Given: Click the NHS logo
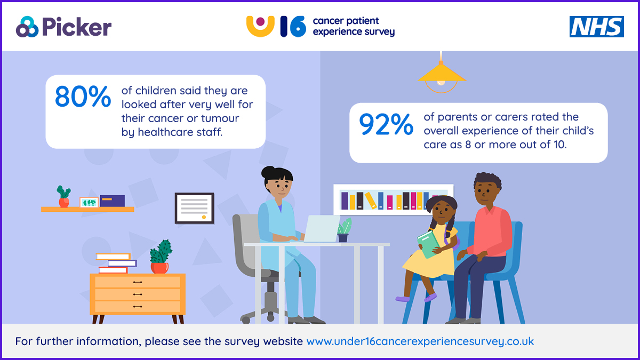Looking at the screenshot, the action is point(597,27).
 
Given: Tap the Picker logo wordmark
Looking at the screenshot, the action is point(77,27).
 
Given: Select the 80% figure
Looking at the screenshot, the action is point(83,97).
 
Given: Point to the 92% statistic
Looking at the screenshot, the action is point(386,124).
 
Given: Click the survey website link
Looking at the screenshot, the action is point(420,341).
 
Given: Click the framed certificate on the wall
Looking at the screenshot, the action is point(194,208).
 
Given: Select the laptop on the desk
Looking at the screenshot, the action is point(322,229).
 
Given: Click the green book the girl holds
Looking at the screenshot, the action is point(428,244).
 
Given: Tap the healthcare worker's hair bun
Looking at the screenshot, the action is point(268,172).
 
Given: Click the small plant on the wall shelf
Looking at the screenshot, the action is point(63,196).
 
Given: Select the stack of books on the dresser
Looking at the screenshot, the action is point(116,263).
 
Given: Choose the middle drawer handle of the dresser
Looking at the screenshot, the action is point(138,294).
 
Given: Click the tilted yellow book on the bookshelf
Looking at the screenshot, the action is point(371,201).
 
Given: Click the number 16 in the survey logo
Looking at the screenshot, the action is point(293,27).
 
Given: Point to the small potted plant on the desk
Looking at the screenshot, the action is point(344,230).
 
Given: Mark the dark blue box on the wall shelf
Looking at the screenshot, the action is point(113,201).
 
